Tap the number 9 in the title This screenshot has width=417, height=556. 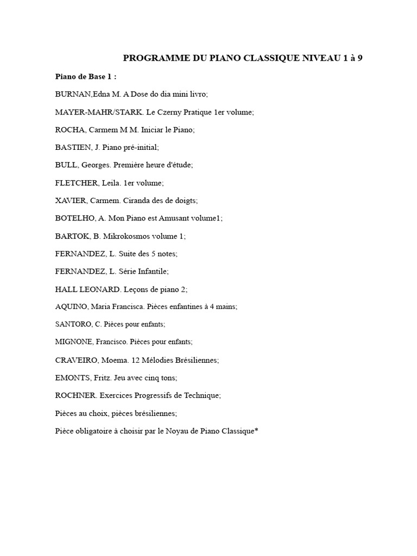click(x=359, y=58)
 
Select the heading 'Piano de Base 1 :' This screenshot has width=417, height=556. click(x=86, y=76)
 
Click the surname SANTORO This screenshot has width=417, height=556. click(x=72, y=324)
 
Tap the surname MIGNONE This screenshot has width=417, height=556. click(x=73, y=342)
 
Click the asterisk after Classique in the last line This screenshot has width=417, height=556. click(x=256, y=430)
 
